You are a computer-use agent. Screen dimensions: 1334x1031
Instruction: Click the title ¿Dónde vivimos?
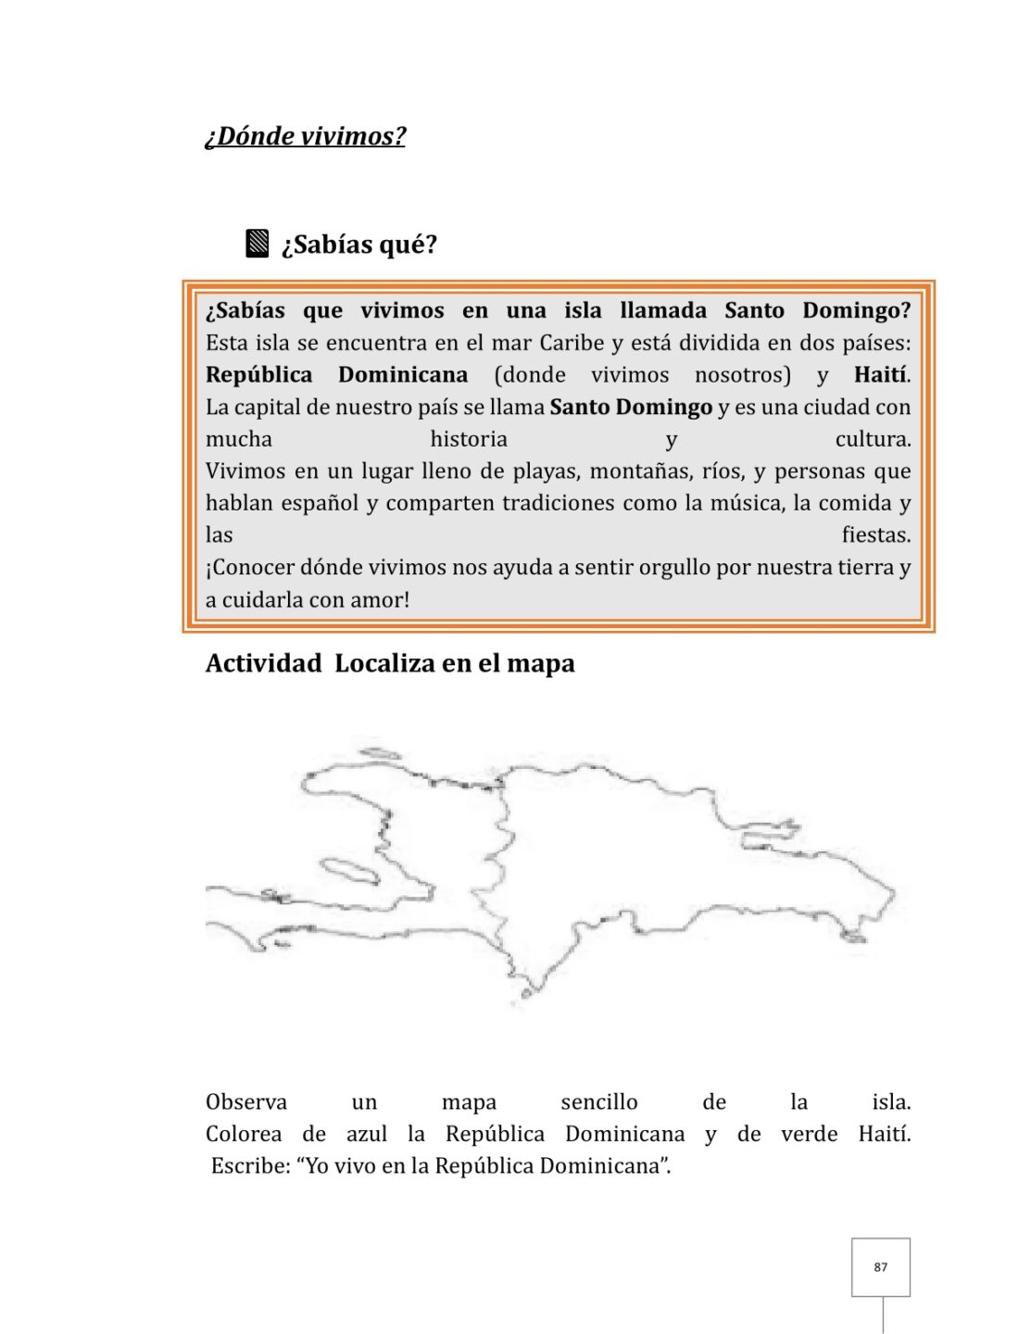point(305,136)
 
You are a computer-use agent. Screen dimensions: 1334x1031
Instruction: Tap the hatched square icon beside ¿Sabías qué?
point(258,244)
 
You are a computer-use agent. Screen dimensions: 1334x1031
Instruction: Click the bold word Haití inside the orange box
point(881,375)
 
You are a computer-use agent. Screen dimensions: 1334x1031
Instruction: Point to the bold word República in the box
point(258,375)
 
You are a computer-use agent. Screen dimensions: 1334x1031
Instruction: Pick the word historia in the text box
point(469,439)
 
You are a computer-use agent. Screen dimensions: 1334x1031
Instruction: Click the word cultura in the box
point(872,439)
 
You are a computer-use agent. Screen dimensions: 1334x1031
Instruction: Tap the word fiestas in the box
point(875,535)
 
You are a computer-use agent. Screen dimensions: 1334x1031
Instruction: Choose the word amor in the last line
point(381,600)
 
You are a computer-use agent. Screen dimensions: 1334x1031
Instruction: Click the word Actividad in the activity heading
point(263,663)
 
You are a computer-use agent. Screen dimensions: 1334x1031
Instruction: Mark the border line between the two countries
point(504,852)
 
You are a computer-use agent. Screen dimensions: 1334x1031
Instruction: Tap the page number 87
point(880,1267)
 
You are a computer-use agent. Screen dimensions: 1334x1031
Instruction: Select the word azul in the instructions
point(367,1135)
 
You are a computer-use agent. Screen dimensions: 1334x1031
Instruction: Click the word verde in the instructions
point(809,1135)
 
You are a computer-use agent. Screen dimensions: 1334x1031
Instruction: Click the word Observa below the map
point(245,1102)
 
